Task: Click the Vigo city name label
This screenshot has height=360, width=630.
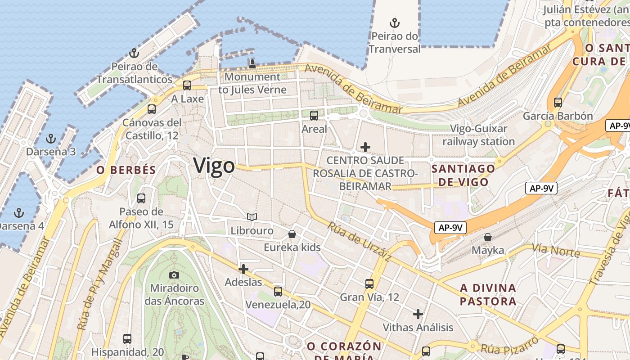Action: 214,166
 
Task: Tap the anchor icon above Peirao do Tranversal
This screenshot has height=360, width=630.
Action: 395,22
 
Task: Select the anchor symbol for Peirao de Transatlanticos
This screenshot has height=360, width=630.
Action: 134,54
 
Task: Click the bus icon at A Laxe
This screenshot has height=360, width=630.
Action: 187,85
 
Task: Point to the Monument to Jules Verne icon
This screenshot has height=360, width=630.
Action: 252,63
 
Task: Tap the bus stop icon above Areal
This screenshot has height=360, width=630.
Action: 314,116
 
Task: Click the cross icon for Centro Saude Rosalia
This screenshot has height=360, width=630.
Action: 365,147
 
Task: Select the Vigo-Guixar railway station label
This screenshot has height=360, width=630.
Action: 478,135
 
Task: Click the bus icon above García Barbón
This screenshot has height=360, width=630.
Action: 558,102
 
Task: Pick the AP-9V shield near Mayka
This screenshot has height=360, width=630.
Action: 450,228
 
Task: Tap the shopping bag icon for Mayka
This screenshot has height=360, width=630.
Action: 488,237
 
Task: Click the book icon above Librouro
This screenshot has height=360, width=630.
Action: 252,217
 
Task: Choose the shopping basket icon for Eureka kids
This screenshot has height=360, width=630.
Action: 292,234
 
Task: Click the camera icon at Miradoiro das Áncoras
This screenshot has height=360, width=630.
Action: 174,274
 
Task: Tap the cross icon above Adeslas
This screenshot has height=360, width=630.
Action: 243,269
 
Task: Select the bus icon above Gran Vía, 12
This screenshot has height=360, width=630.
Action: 369,283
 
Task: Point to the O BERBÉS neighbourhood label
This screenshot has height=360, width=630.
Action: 126,170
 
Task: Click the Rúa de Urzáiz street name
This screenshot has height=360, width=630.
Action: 359,241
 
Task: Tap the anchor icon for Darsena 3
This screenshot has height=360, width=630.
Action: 51,138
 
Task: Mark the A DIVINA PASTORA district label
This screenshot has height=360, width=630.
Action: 488,294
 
